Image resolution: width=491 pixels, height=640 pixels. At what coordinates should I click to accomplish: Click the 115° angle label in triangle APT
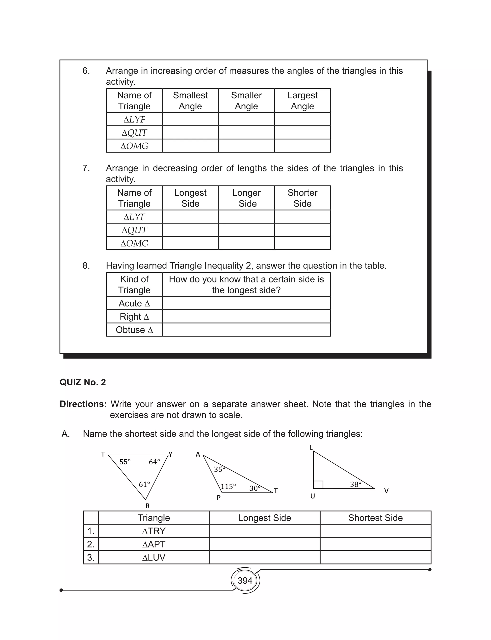click(x=228, y=487)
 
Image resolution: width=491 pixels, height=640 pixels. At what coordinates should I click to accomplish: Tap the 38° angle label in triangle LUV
click(x=356, y=484)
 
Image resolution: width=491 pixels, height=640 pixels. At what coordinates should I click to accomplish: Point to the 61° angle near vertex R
click(x=144, y=484)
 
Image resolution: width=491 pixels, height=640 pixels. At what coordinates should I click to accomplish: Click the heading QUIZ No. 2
click(x=83, y=382)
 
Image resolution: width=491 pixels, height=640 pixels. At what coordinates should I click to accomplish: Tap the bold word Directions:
click(x=83, y=404)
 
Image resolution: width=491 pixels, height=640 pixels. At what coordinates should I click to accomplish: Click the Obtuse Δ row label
click(x=134, y=330)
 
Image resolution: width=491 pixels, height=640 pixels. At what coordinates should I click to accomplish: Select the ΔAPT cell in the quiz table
click(x=154, y=544)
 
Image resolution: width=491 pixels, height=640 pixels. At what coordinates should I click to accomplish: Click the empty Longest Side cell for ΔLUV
click(x=264, y=557)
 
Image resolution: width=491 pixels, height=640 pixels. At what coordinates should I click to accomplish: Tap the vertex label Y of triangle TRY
click(x=171, y=454)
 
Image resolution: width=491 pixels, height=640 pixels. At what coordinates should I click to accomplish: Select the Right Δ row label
click(x=134, y=317)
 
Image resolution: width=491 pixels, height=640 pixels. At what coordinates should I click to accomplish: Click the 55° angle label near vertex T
click(x=125, y=462)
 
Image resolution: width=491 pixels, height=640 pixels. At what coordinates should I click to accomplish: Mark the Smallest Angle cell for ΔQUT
click(x=190, y=132)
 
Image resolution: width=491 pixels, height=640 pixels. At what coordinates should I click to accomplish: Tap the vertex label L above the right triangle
click(x=311, y=447)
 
